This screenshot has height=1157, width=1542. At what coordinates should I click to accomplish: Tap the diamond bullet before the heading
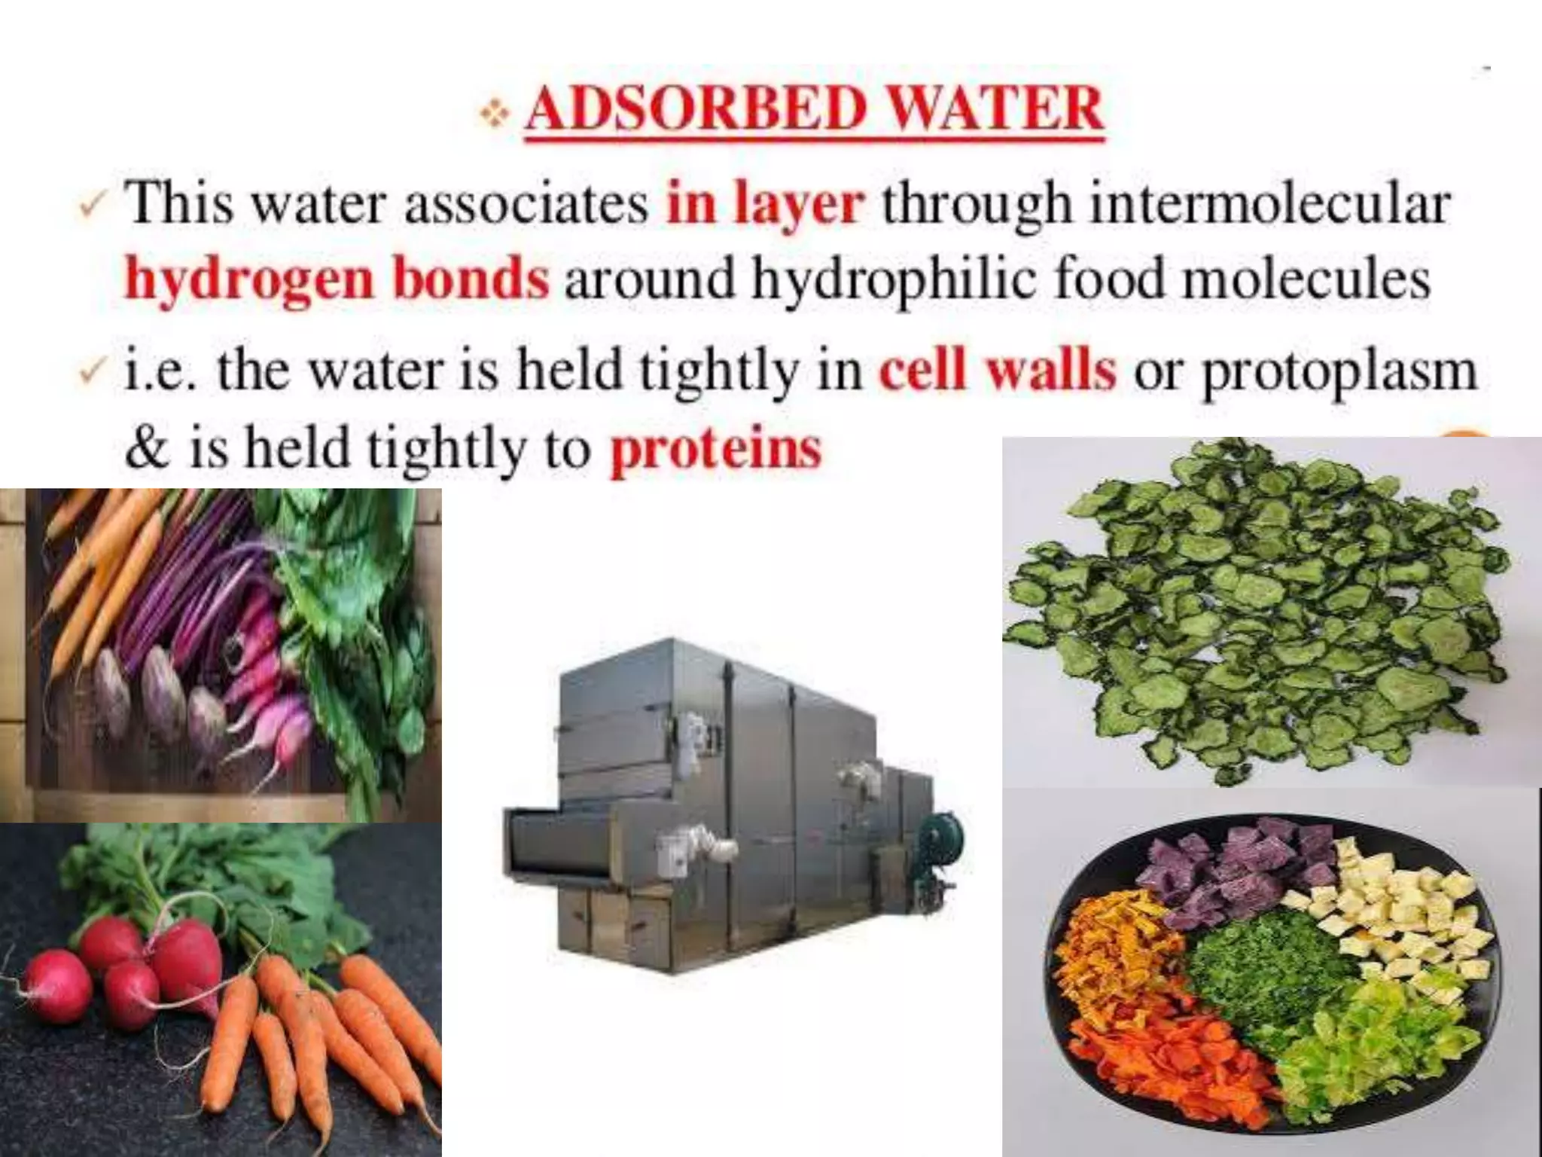(495, 114)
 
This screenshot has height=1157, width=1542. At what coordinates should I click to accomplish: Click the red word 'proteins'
(715, 451)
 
